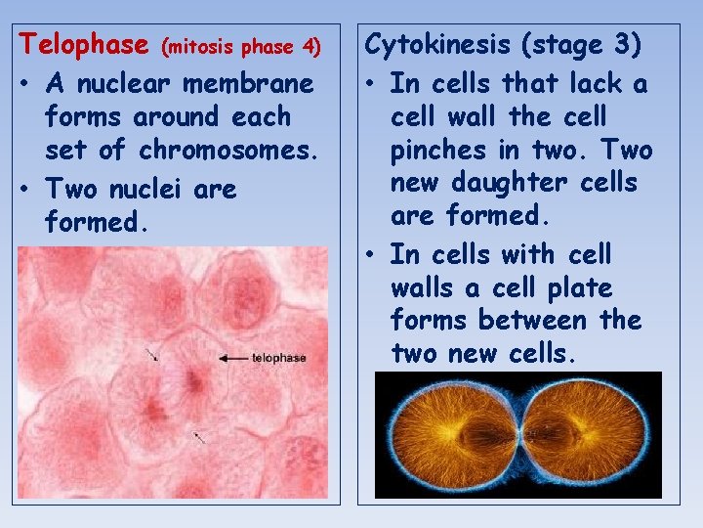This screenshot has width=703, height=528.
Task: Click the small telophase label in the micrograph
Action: (x=278, y=358)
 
